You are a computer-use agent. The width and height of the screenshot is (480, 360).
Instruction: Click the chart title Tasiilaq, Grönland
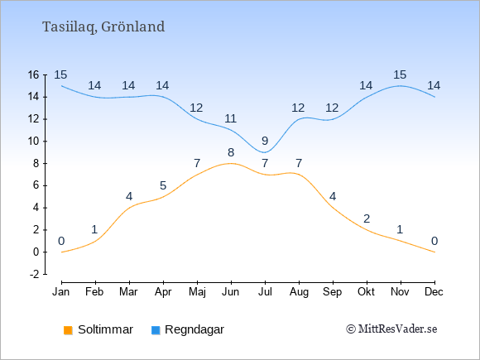click(x=103, y=27)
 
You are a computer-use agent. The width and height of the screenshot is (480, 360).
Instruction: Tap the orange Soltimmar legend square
click(x=68, y=330)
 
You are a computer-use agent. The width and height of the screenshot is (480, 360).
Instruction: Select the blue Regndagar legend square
click(x=156, y=330)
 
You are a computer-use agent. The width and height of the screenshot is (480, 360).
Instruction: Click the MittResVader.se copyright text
click(x=391, y=329)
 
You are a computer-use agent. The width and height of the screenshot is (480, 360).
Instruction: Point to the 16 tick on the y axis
click(x=34, y=74)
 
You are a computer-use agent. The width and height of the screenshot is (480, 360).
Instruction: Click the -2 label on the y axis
click(x=35, y=274)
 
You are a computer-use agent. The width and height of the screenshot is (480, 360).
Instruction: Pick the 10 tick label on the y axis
click(x=34, y=142)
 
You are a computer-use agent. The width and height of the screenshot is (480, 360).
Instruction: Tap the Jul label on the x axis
click(x=265, y=292)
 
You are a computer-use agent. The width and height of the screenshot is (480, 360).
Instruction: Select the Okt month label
click(x=366, y=292)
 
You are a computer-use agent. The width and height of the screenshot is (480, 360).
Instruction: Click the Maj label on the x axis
click(x=197, y=292)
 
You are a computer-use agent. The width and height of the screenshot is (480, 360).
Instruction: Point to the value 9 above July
click(x=265, y=142)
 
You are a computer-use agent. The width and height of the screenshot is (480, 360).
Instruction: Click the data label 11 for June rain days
click(x=231, y=118)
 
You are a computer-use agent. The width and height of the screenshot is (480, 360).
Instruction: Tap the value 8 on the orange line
click(x=231, y=152)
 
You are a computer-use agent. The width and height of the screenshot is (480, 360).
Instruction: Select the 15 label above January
click(x=60, y=74)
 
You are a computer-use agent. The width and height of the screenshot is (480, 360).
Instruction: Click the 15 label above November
click(x=400, y=74)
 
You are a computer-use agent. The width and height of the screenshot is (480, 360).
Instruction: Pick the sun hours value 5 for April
click(x=163, y=185)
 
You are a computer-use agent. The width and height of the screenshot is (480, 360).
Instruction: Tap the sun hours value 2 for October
click(x=367, y=218)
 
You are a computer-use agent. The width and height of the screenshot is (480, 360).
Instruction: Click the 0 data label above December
click(x=434, y=241)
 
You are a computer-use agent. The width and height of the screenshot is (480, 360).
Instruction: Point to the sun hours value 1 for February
click(x=94, y=229)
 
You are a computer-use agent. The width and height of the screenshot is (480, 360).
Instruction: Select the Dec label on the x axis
click(x=434, y=292)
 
